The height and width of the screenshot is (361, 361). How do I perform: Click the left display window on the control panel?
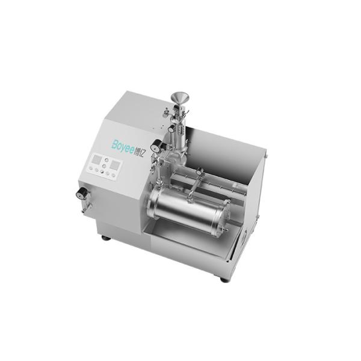pyautogui.click(x=94, y=161)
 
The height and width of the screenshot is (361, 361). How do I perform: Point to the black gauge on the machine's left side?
pyautogui.click(x=80, y=193)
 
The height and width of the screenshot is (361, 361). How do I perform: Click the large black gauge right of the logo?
pyautogui.click(x=156, y=145)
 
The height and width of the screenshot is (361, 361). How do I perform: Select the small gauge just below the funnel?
pyautogui.click(x=171, y=128)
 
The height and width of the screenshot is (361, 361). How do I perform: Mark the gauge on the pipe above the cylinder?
pyautogui.click(x=199, y=173)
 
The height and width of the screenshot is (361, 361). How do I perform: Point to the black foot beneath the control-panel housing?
pyautogui.click(x=106, y=238)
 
